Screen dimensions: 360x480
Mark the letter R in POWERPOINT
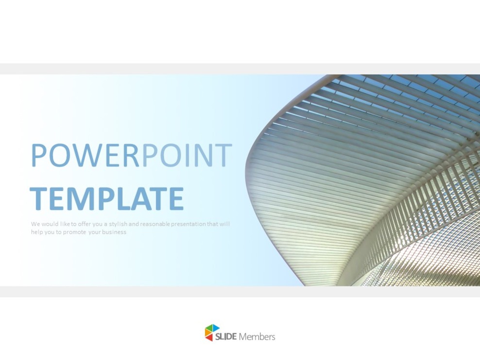tap(132, 155)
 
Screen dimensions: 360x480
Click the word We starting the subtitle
tap(35, 224)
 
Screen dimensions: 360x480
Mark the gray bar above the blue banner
tap(240, 69)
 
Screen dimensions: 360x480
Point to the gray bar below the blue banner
tap(240, 291)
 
